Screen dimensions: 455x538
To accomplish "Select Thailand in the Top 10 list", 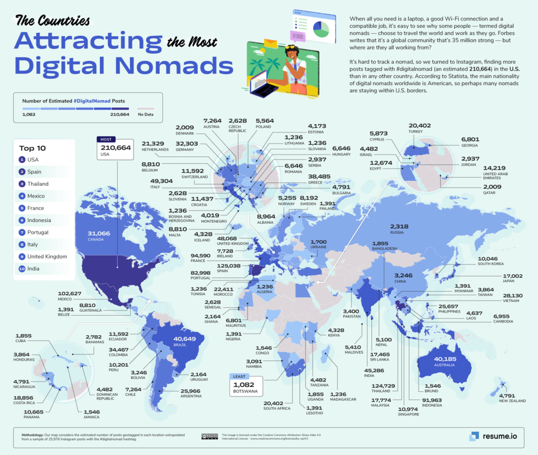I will [x=38, y=184].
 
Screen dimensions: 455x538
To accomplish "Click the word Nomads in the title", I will [x=171, y=64].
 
